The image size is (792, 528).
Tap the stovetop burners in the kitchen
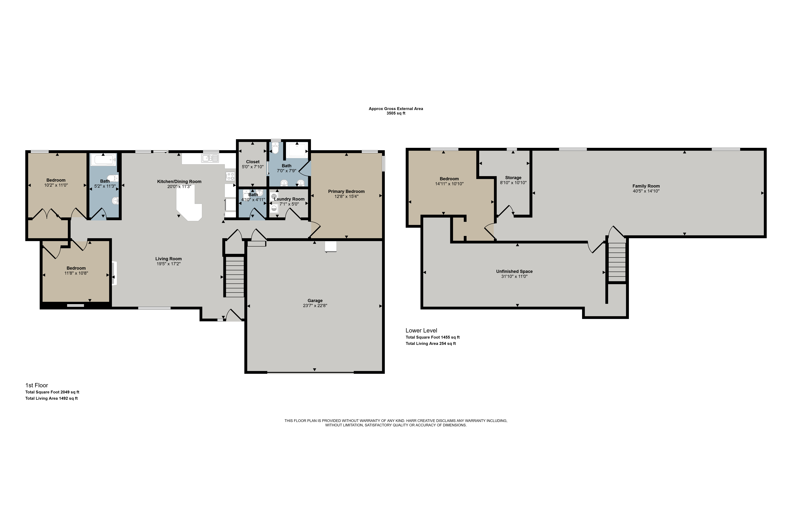pos(230,176)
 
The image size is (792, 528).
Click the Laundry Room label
pos(289,199)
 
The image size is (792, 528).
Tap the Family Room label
pos(646,186)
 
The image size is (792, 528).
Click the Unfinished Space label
pos(514,271)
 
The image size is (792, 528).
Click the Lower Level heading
pos(421,331)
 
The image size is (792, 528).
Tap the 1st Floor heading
pos(37,385)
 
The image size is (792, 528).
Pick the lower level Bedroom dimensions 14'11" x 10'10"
pos(449,184)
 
